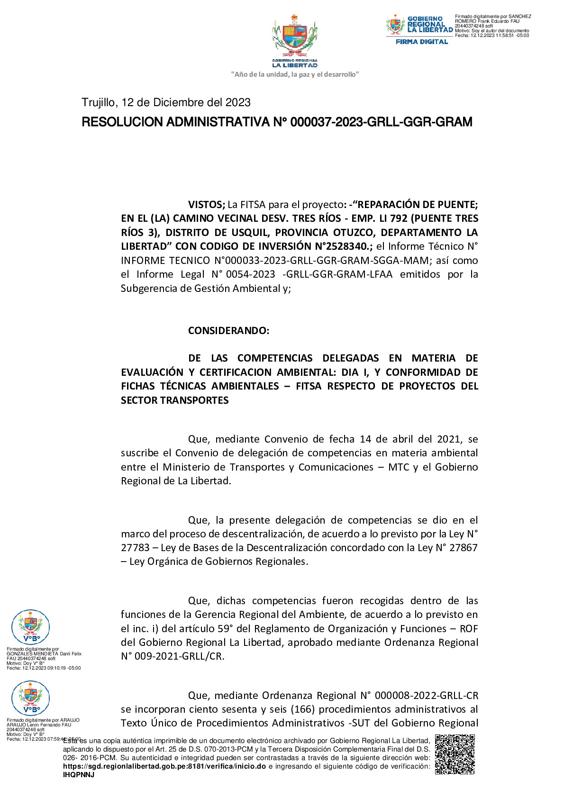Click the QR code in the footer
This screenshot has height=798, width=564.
tap(455, 754)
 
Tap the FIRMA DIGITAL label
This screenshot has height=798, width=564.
tap(421, 42)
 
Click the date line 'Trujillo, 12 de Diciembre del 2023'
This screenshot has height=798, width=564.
tap(166, 102)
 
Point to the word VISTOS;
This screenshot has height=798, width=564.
tap(206, 205)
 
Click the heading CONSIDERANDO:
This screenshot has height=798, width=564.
tap(228, 331)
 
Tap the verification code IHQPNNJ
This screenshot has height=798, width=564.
tap(79, 775)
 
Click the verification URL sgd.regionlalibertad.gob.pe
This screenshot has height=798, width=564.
tap(164, 766)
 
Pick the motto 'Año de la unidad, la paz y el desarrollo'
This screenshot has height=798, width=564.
tap(294, 74)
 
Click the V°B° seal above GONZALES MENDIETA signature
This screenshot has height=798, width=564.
tap(31, 627)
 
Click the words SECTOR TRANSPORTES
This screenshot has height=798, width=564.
tap(174, 400)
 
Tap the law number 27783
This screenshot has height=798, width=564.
tap(135, 548)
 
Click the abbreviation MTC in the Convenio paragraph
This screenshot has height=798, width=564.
tap(398, 467)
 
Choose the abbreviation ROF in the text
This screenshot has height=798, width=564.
tap(468, 629)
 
